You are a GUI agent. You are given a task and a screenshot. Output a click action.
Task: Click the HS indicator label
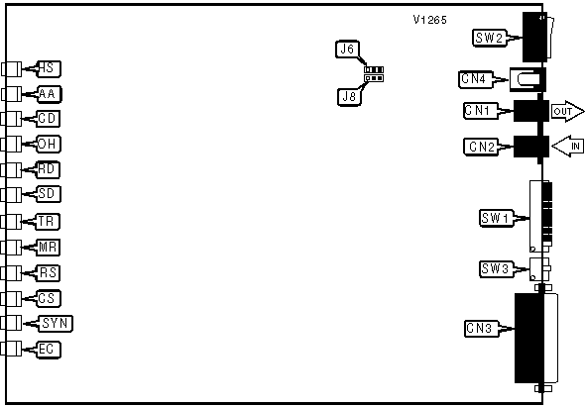coord(49,69)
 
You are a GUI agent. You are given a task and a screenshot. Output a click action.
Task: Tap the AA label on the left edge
coord(49,94)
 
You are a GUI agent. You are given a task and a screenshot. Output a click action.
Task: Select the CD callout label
coord(49,119)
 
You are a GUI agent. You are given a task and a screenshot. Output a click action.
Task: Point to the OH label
coord(49,145)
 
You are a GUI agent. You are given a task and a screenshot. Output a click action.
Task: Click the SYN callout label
coord(56,324)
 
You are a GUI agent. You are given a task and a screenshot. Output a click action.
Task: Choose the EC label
coord(49,350)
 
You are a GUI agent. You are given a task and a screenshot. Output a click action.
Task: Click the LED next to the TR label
coord(11,222)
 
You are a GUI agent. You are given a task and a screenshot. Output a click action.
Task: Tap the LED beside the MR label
coord(11,248)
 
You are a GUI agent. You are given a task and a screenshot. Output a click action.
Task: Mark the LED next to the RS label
coord(11,273)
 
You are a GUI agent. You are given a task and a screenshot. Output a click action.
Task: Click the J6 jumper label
coord(347,50)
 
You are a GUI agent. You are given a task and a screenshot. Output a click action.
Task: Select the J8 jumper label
coord(349,97)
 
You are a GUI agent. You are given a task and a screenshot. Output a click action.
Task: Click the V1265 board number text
coord(429,20)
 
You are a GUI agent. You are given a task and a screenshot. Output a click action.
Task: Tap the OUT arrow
coord(568,111)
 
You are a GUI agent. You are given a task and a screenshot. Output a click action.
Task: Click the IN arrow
coord(567,146)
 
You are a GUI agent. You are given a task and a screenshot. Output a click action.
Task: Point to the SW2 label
coord(490,38)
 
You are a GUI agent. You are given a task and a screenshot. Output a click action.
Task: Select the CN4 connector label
coord(475,79)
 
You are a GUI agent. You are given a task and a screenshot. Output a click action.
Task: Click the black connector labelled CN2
coord(531,147)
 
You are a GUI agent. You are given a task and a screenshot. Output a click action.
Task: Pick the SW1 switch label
coord(496,218)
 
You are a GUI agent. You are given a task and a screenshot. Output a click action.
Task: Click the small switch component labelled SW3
coord(539,268)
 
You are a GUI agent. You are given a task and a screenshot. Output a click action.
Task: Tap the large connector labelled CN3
coord(536,338)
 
